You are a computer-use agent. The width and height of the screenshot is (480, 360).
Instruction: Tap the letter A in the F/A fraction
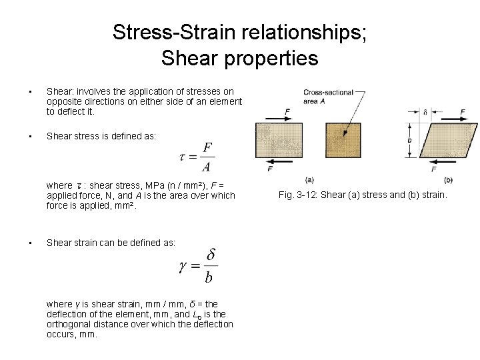click(x=207, y=166)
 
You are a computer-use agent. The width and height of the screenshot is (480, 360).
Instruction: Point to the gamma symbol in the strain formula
click(x=183, y=267)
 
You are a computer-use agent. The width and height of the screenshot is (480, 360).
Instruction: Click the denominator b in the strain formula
click(x=209, y=277)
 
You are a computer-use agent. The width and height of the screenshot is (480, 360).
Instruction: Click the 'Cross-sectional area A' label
click(x=327, y=96)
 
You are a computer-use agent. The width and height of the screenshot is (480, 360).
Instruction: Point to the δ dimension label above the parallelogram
click(x=425, y=112)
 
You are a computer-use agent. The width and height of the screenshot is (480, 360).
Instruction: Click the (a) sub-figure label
click(x=309, y=180)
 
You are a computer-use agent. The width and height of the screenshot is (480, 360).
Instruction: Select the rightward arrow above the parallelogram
click(x=453, y=119)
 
